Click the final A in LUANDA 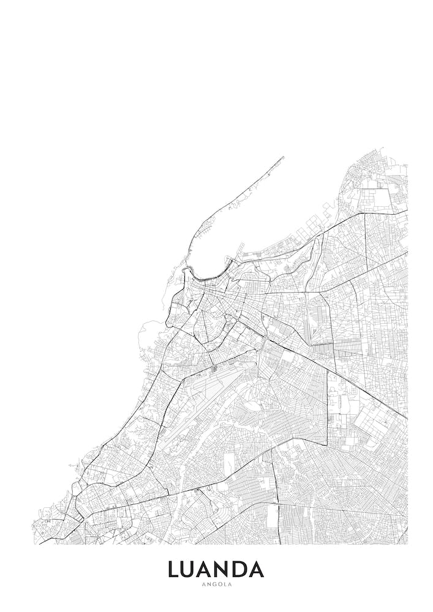258,570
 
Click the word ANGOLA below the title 216,584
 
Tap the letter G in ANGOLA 212,584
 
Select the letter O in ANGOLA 218,584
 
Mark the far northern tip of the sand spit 284,158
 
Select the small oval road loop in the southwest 76,488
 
